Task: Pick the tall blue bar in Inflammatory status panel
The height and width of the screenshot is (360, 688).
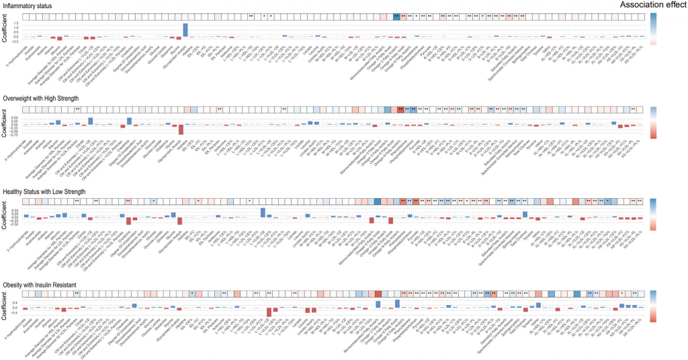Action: click(185, 30)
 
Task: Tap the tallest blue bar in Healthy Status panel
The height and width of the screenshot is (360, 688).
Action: click(263, 212)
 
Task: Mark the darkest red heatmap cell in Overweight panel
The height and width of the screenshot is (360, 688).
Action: click(400, 109)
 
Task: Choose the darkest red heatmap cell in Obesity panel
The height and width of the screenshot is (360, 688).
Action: click(378, 294)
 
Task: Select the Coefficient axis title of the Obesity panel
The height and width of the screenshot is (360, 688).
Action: click(6, 306)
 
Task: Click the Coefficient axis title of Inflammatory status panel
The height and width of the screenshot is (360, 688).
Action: click(6, 31)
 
